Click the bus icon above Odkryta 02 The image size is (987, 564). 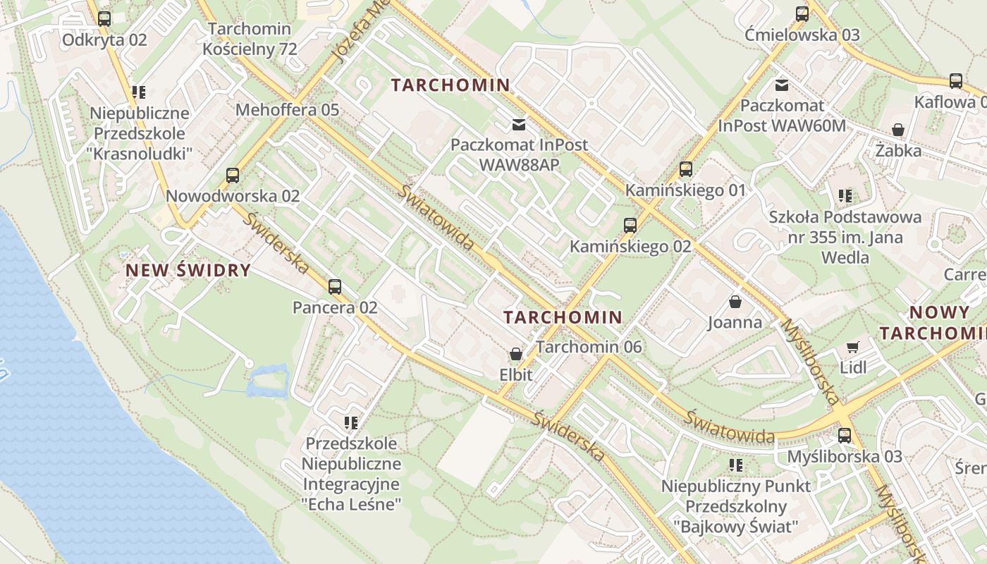pos(104,19)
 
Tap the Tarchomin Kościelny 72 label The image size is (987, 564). pos(250,39)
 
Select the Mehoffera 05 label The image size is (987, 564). pos(287,110)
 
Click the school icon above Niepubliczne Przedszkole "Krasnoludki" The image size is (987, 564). pos(139,92)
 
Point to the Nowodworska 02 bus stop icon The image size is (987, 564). pos(233,176)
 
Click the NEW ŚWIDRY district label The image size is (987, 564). pos(188,270)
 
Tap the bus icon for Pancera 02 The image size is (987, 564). pos(335,287)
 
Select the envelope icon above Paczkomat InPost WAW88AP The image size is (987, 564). pos(519,125)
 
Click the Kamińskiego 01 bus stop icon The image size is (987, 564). pos(685,169)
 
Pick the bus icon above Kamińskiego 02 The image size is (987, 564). pos(630,226)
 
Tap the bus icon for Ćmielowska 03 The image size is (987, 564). pos(802,13)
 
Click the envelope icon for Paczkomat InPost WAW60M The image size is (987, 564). pos(781,85)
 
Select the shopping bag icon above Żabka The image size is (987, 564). pos(898,130)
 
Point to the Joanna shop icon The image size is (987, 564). pos(735,302)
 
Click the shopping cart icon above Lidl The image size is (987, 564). pos(853,346)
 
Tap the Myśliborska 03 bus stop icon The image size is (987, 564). pos(845,435)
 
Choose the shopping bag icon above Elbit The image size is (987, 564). pos(515,354)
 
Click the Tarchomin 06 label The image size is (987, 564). pos(589,347)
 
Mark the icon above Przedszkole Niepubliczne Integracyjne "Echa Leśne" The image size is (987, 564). pos(351,423)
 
